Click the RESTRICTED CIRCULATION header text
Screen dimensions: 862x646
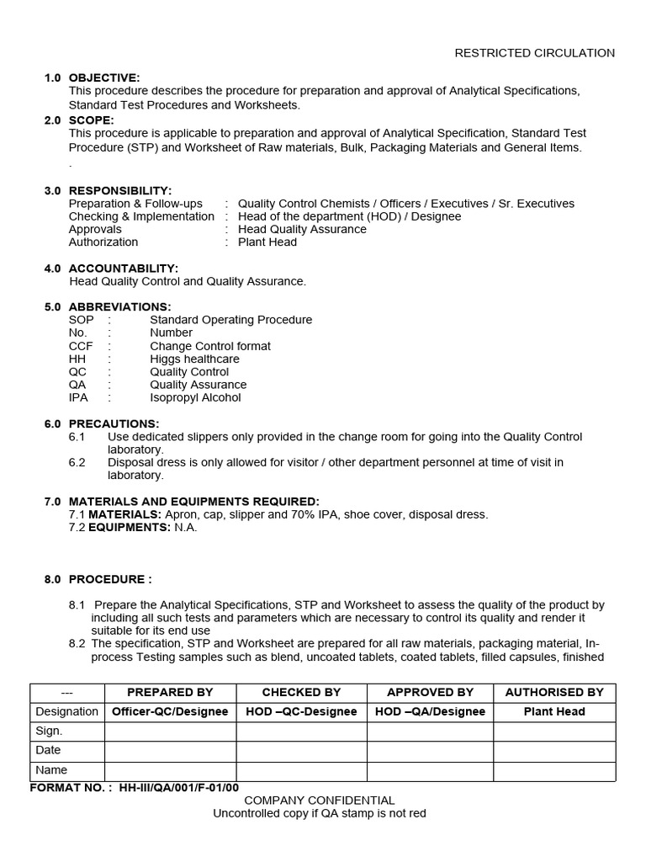(x=534, y=53)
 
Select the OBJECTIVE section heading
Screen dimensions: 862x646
(x=104, y=77)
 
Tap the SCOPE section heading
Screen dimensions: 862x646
(x=91, y=120)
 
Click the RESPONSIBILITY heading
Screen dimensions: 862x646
(x=120, y=191)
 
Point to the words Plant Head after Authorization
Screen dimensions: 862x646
(x=267, y=242)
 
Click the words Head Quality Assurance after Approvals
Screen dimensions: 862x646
(x=302, y=229)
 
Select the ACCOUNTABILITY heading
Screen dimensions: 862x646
(x=124, y=269)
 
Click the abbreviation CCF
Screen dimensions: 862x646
(x=81, y=346)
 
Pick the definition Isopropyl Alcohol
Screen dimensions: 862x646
(x=195, y=397)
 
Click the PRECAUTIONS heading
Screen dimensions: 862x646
(x=114, y=423)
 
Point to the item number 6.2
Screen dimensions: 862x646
(x=77, y=462)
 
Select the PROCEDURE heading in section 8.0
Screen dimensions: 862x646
(x=110, y=579)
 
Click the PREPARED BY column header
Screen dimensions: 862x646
(x=170, y=692)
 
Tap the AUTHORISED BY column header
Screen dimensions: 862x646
(x=554, y=692)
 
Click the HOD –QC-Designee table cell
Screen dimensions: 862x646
(x=301, y=711)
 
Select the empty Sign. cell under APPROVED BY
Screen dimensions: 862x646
(x=430, y=731)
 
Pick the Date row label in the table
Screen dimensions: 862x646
(x=49, y=750)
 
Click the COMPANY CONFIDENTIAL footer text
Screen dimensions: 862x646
(x=319, y=801)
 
